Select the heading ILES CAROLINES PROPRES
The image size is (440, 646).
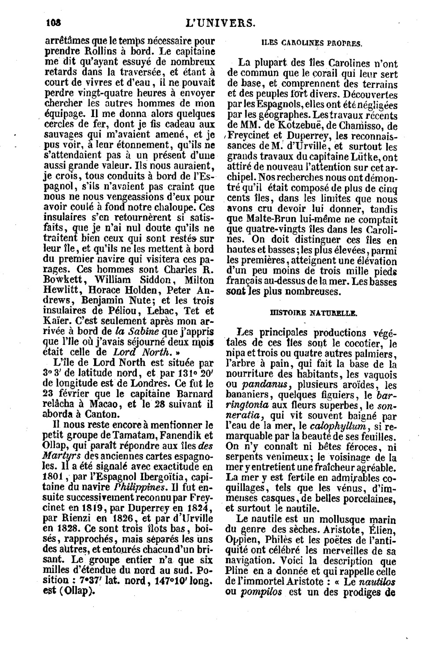click(312, 43)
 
